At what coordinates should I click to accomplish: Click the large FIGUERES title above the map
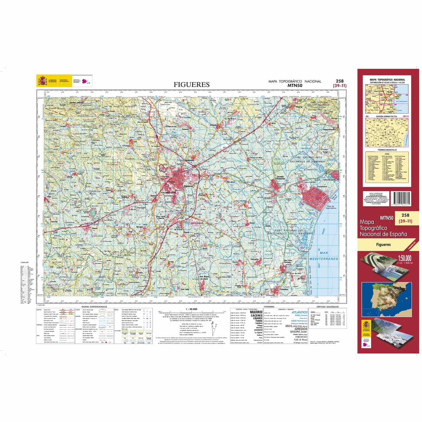click(192, 84)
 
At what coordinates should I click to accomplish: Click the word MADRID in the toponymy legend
click(256, 312)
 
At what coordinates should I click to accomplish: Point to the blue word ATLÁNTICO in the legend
click(297, 312)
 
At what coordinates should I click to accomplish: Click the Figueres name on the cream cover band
click(383, 244)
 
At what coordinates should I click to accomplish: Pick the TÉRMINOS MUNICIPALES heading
click(386, 150)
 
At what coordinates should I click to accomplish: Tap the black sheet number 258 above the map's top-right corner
click(340, 81)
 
